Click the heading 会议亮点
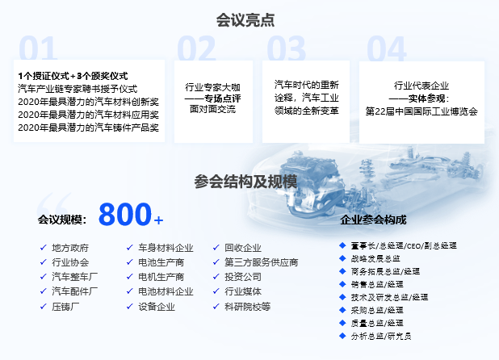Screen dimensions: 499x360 pos(245,20)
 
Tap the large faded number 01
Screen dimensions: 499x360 pos(38,48)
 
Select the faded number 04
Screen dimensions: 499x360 pos(387,48)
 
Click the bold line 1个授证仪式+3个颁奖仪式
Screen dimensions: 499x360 pos(73,76)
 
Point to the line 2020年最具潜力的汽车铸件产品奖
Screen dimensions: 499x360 pos(88,128)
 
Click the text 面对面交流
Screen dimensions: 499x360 pos(212,109)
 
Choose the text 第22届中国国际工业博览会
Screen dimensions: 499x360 pos(421,111)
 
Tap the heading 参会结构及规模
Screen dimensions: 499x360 pos(245,182)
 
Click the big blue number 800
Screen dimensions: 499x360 pos(125,214)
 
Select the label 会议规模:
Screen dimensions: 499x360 pos(62,220)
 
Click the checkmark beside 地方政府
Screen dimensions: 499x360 pos(44,248)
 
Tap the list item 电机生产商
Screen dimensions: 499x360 pos(161,277)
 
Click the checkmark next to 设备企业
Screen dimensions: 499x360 pos(129,306)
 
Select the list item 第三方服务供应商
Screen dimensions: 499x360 pos(262,262)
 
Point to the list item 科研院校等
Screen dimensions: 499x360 pos(248,307)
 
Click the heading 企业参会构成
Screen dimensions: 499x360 pos(373,220)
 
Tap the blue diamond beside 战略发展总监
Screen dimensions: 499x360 pos(342,258)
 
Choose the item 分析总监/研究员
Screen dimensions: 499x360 pos(381,336)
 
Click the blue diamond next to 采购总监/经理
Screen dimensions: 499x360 pos(342,310)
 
